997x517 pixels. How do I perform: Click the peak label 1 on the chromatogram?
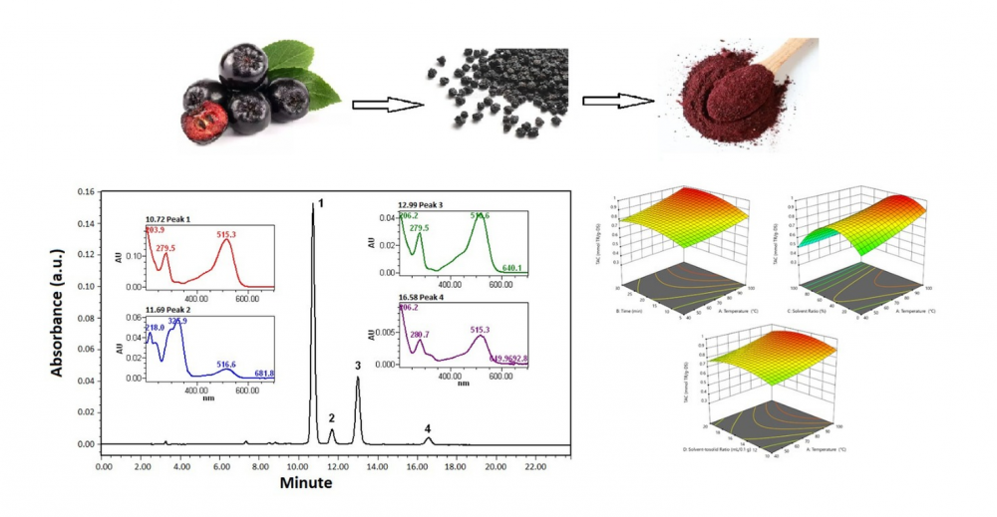coord(321,203)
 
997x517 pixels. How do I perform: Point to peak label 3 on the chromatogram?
coord(358,366)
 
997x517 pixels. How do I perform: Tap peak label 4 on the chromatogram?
coord(428,428)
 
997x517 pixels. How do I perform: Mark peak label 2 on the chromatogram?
coord(332,418)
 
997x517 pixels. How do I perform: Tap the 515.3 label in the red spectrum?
coord(227,234)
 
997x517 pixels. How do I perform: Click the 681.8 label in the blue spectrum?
coord(264,374)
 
